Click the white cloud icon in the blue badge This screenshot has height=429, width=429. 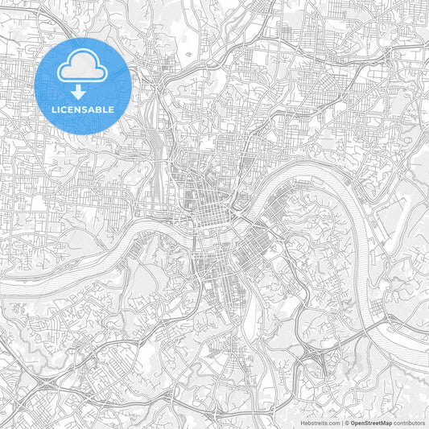click(83, 65)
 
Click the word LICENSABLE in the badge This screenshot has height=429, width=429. click(83, 109)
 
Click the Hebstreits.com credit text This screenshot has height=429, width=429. click(320, 422)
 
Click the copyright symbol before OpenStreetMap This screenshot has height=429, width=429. click(346, 422)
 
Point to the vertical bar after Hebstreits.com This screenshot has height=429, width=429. click(340, 422)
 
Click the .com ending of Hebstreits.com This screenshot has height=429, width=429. click(332, 422)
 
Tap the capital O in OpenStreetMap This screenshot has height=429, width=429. click(353, 422)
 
